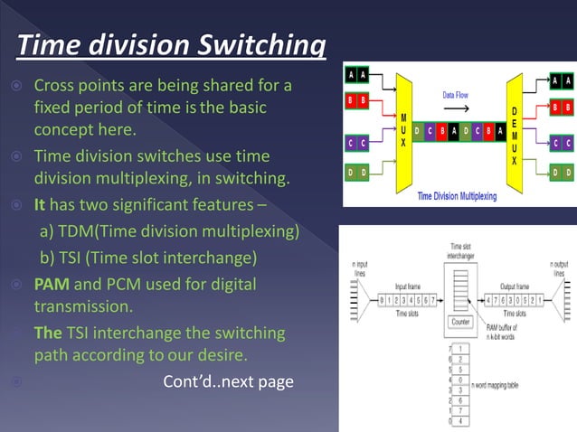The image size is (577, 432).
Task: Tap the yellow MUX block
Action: (x=403, y=132)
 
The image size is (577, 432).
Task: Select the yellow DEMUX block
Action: (x=515, y=131)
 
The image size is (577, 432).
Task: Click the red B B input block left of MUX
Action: (x=357, y=101)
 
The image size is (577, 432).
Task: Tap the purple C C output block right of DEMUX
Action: (x=562, y=143)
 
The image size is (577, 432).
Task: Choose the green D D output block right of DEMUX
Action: (x=562, y=171)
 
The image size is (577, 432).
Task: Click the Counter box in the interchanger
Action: (x=459, y=321)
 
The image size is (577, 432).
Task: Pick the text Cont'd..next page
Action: (x=228, y=381)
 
